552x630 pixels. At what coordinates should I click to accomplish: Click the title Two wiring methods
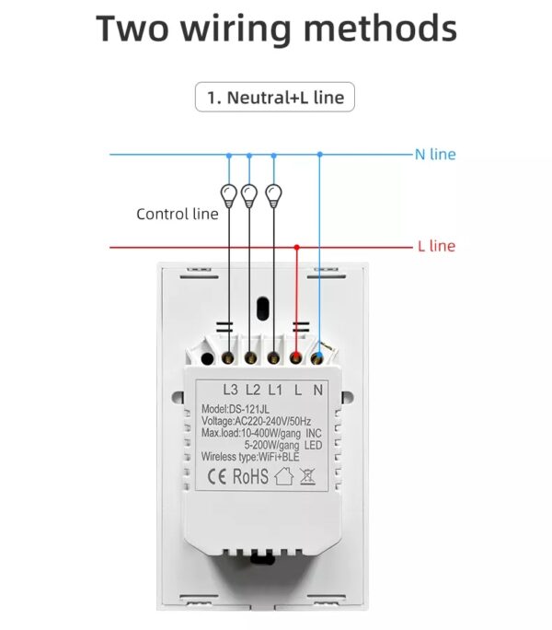click(276, 29)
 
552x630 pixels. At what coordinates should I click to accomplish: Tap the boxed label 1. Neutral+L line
click(274, 97)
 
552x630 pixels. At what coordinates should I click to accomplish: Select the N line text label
click(435, 155)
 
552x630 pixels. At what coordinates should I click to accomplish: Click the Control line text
click(177, 214)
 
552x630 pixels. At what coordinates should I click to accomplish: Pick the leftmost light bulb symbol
click(227, 194)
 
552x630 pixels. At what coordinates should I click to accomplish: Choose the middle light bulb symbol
click(248, 194)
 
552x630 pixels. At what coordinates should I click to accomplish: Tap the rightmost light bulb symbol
click(273, 194)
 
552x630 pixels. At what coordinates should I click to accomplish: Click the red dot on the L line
click(296, 247)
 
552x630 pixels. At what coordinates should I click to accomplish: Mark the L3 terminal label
click(230, 389)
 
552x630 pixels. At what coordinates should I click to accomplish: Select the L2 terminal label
click(253, 389)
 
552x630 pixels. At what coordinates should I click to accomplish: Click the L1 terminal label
click(275, 389)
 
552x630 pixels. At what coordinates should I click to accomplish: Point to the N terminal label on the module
click(318, 389)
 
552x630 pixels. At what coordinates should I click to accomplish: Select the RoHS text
click(250, 476)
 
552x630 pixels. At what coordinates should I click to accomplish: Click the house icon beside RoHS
click(283, 476)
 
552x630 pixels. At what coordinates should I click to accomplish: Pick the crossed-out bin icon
click(308, 476)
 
